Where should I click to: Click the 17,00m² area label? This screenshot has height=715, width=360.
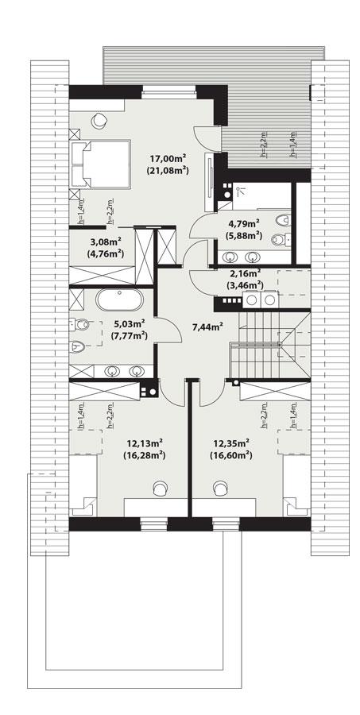(x=168, y=157)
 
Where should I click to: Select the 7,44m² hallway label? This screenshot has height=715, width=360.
(x=208, y=325)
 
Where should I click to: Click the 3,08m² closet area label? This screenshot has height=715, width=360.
(x=105, y=242)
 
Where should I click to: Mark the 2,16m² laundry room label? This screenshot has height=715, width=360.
(x=246, y=273)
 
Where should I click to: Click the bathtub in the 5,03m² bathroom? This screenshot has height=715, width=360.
(x=119, y=301)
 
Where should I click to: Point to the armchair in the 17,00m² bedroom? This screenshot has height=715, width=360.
(x=99, y=119)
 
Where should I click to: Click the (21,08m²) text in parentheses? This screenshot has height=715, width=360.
(x=168, y=169)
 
